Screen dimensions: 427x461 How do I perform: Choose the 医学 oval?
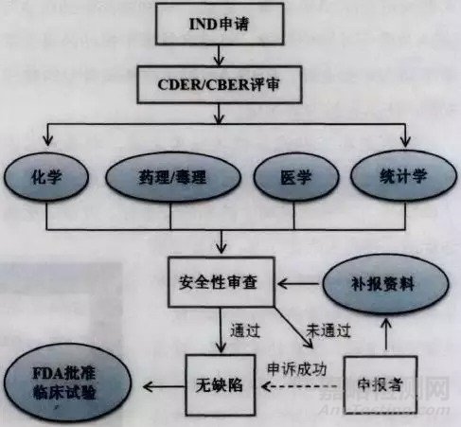(x=288, y=177)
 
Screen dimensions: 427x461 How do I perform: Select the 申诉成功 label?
(x=296, y=367)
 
